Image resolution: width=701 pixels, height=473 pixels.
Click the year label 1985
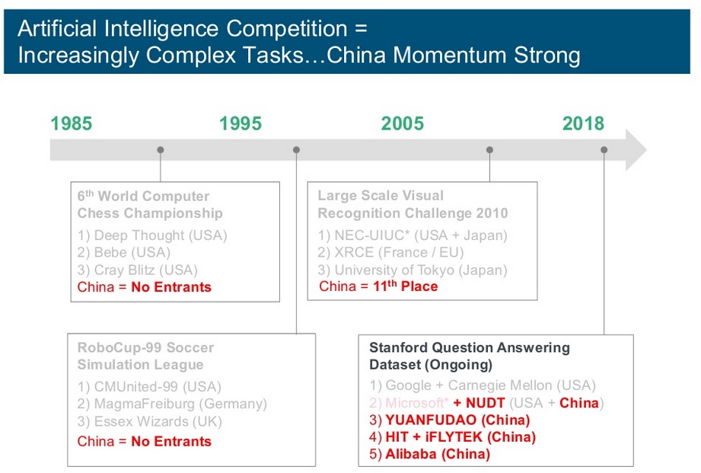71,123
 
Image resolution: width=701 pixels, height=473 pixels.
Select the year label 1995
240,123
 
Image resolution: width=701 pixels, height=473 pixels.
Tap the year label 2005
403,123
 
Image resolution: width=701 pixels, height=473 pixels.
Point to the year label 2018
583,123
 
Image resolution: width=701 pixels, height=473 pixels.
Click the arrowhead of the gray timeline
635,150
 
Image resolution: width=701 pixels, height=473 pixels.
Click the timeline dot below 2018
604,150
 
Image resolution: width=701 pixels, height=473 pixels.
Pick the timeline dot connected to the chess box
161,150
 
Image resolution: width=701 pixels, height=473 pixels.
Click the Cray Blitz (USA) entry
137,270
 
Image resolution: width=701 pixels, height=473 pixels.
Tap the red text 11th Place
406,286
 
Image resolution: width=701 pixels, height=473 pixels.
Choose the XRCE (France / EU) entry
390,252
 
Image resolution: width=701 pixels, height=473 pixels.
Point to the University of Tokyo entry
413,270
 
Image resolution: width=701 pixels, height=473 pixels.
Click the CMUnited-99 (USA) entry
149,387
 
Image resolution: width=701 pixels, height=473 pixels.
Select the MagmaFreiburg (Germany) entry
172,404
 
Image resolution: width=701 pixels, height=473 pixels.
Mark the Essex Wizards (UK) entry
150,421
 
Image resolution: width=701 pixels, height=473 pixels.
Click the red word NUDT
485,403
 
